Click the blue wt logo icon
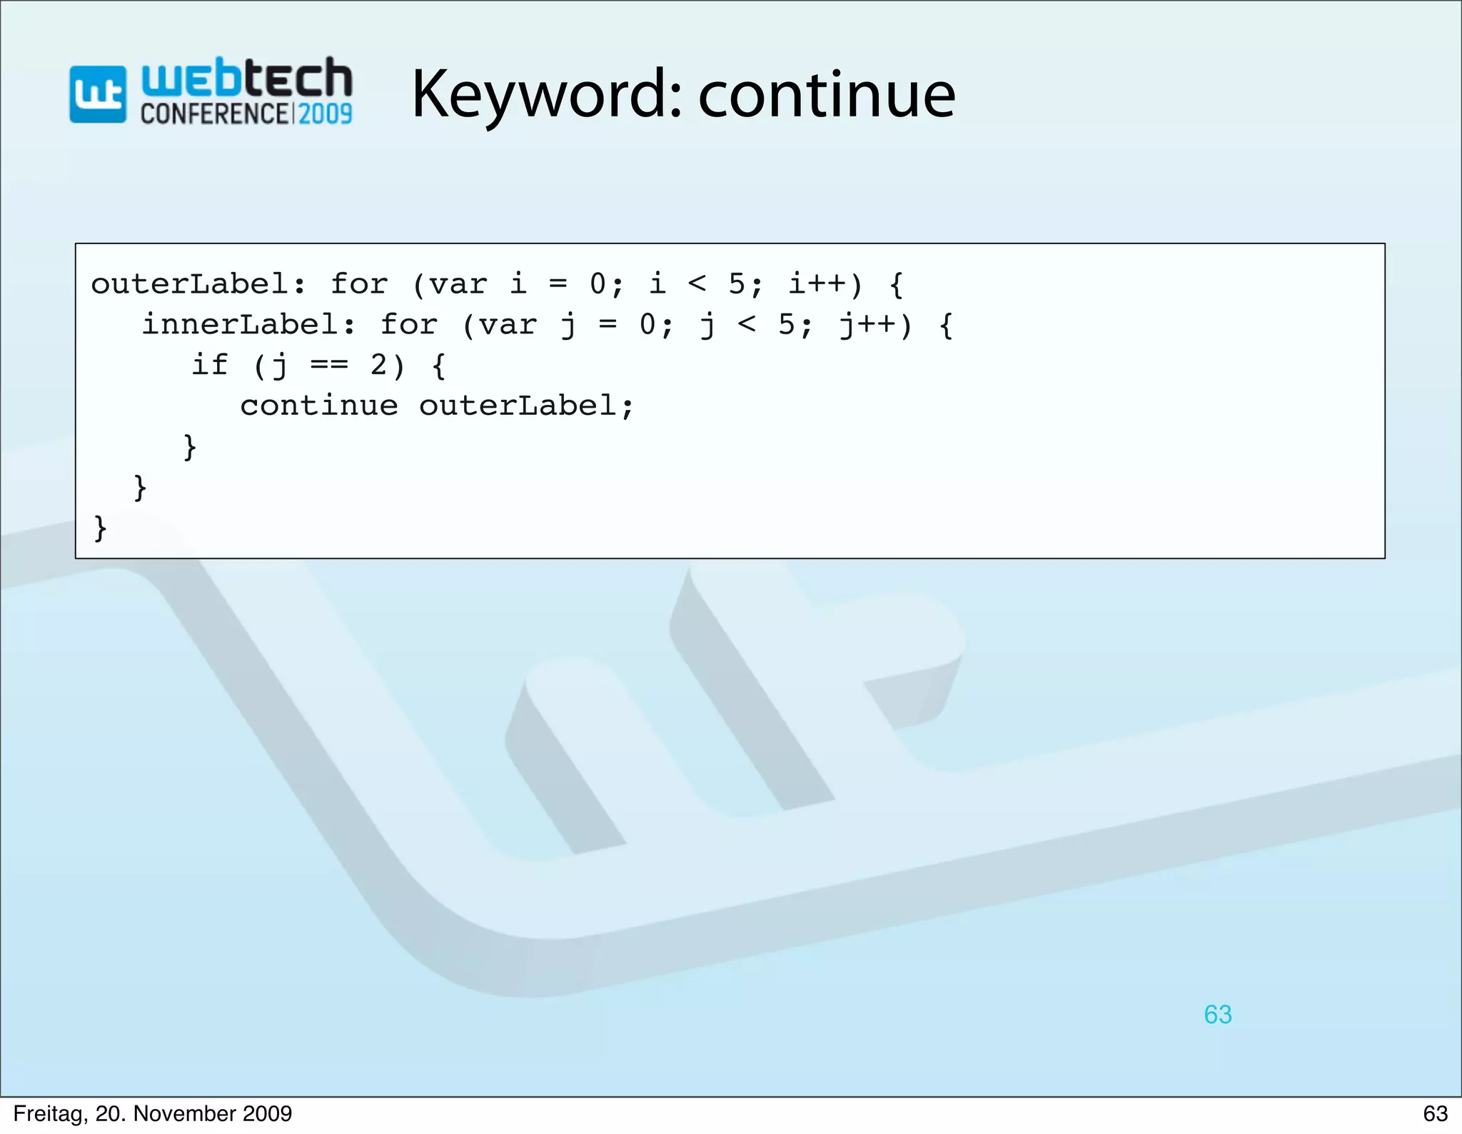pos(98,95)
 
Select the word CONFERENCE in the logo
pos(215,114)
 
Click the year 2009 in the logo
pos(325,114)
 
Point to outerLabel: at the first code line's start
pos(198,285)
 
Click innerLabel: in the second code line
pos(248,326)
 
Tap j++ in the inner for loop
pos(867,326)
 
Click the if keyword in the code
pos(209,366)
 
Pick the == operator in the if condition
pos(329,366)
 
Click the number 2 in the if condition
pos(378,366)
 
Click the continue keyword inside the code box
pos(318,406)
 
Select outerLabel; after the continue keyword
pos(525,406)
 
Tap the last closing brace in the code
pos(101,528)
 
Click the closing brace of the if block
pos(190,448)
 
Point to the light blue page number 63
pos(1217,1015)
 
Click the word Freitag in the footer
pos(49,1114)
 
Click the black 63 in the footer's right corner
pos(1435,1114)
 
